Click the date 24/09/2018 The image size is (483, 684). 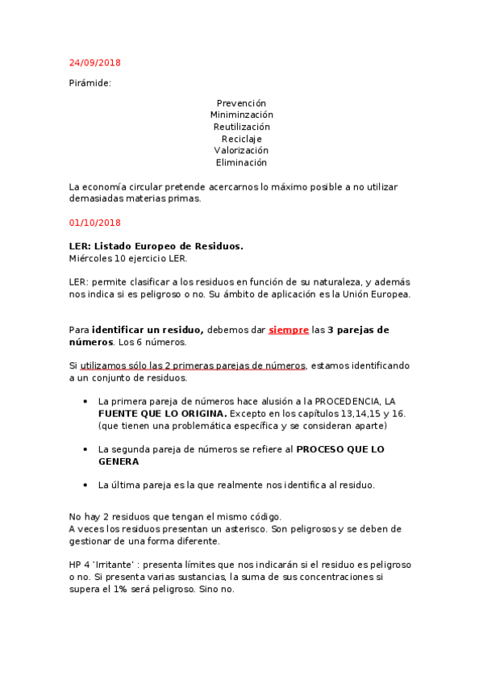click(x=95, y=63)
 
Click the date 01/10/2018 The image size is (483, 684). click(x=95, y=222)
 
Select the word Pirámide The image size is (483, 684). click(x=90, y=83)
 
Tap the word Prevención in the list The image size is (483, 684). click(x=241, y=103)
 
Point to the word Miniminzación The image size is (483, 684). click(x=241, y=115)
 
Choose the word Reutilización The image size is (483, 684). click(x=241, y=127)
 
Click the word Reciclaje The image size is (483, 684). click(x=241, y=139)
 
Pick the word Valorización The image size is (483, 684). click(x=241, y=151)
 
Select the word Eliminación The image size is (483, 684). click(x=241, y=162)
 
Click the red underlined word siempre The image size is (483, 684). click(x=288, y=330)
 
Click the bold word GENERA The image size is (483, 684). click(x=119, y=461)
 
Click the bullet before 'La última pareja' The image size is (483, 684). click(x=85, y=485)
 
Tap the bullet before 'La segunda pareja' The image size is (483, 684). click(x=85, y=449)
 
